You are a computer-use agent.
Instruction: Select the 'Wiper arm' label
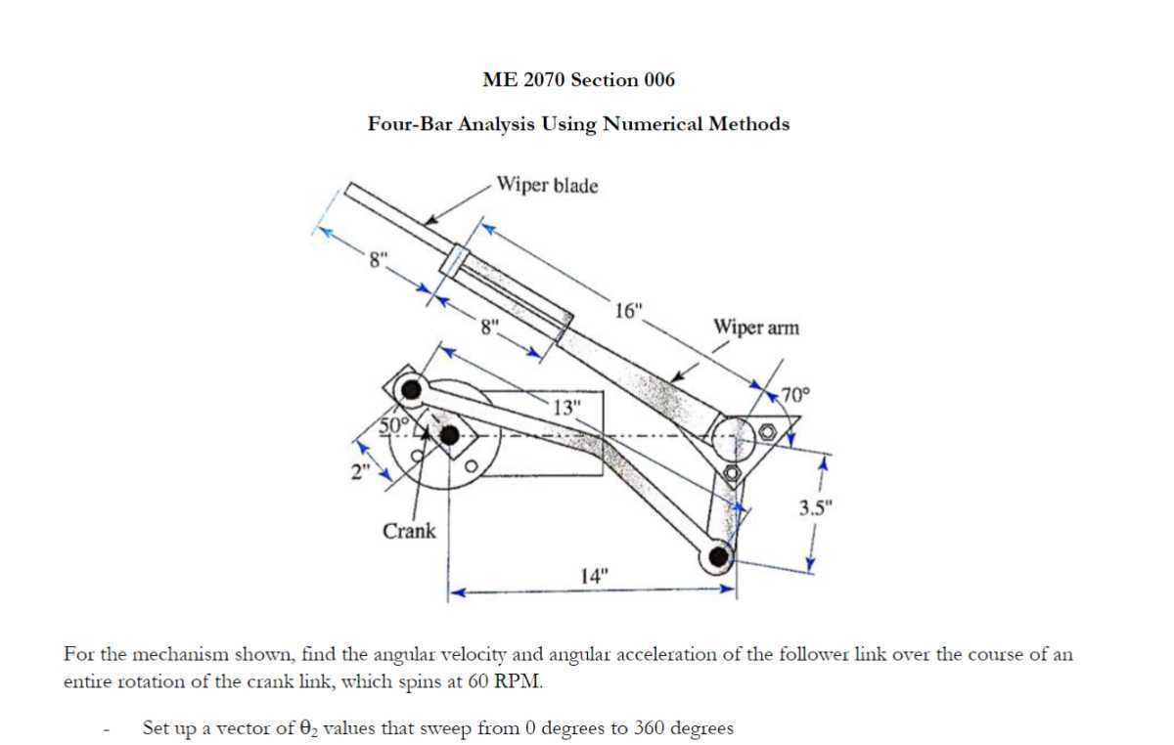pyautogui.click(x=755, y=328)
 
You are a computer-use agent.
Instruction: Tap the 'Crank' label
pyautogui.click(x=409, y=531)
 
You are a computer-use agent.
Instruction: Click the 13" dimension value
pyautogui.click(x=566, y=406)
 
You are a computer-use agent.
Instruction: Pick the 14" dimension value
pyautogui.click(x=594, y=574)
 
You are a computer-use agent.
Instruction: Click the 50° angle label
pyautogui.click(x=392, y=423)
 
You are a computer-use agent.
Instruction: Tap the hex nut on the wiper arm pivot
pyautogui.click(x=768, y=430)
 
